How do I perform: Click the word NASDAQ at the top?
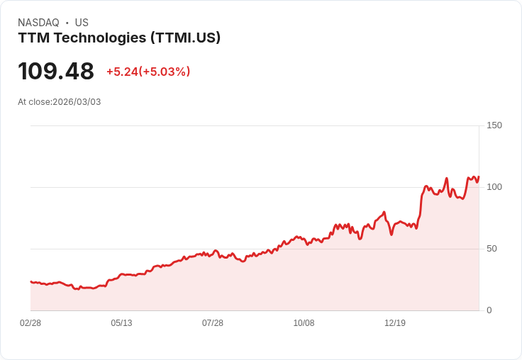[x=38, y=23]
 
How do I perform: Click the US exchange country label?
[x=82, y=23]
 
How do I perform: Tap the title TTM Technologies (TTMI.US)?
[x=119, y=38]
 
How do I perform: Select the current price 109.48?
[x=56, y=72]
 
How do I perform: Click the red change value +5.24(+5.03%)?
[x=148, y=72]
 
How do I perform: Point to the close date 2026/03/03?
[x=77, y=102]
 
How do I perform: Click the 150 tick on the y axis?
[x=494, y=125]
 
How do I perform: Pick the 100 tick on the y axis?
[x=494, y=187]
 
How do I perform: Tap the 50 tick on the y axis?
[x=492, y=249]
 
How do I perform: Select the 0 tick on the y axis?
[x=489, y=310]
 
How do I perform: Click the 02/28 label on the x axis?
[x=30, y=323]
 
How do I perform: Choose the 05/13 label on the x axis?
[x=121, y=323]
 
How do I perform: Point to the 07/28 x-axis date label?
[x=213, y=323]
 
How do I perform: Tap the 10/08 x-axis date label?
[x=304, y=323]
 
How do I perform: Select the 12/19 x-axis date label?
[x=395, y=323]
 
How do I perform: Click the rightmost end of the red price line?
[x=479, y=177]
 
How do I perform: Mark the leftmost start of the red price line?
[x=30, y=281]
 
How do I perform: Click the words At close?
[x=34, y=102]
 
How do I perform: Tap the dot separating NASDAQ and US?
[x=67, y=23]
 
